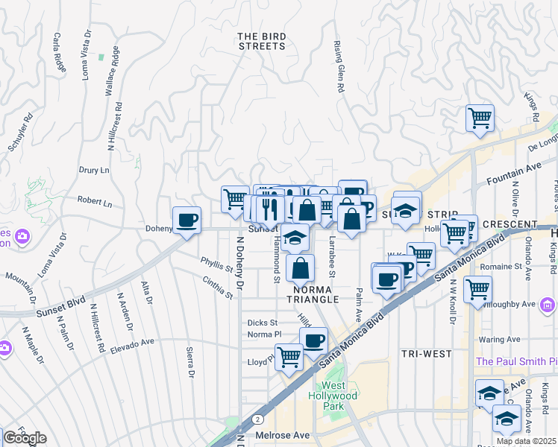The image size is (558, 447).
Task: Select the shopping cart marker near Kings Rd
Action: click(x=480, y=118)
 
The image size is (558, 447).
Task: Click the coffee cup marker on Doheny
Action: click(x=186, y=221)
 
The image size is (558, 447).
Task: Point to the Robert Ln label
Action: click(x=94, y=203)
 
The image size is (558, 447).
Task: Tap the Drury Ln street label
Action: click(x=94, y=170)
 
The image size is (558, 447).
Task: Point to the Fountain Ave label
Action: click(x=512, y=177)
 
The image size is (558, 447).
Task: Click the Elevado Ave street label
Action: click(x=131, y=346)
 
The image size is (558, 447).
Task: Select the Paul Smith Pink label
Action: click(x=516, y=361)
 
